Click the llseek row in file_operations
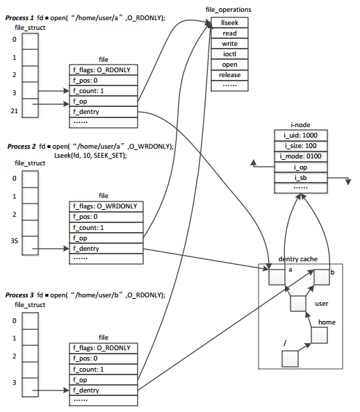229,23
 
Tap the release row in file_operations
229,75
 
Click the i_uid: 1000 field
300,135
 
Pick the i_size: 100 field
300,146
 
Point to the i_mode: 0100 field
300,156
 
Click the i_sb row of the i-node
300,177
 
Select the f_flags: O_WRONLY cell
104,206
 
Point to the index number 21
14,110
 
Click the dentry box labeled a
277,277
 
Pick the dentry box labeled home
319,336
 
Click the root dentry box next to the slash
289,358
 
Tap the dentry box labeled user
298,304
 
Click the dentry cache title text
298,258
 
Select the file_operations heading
229,10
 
